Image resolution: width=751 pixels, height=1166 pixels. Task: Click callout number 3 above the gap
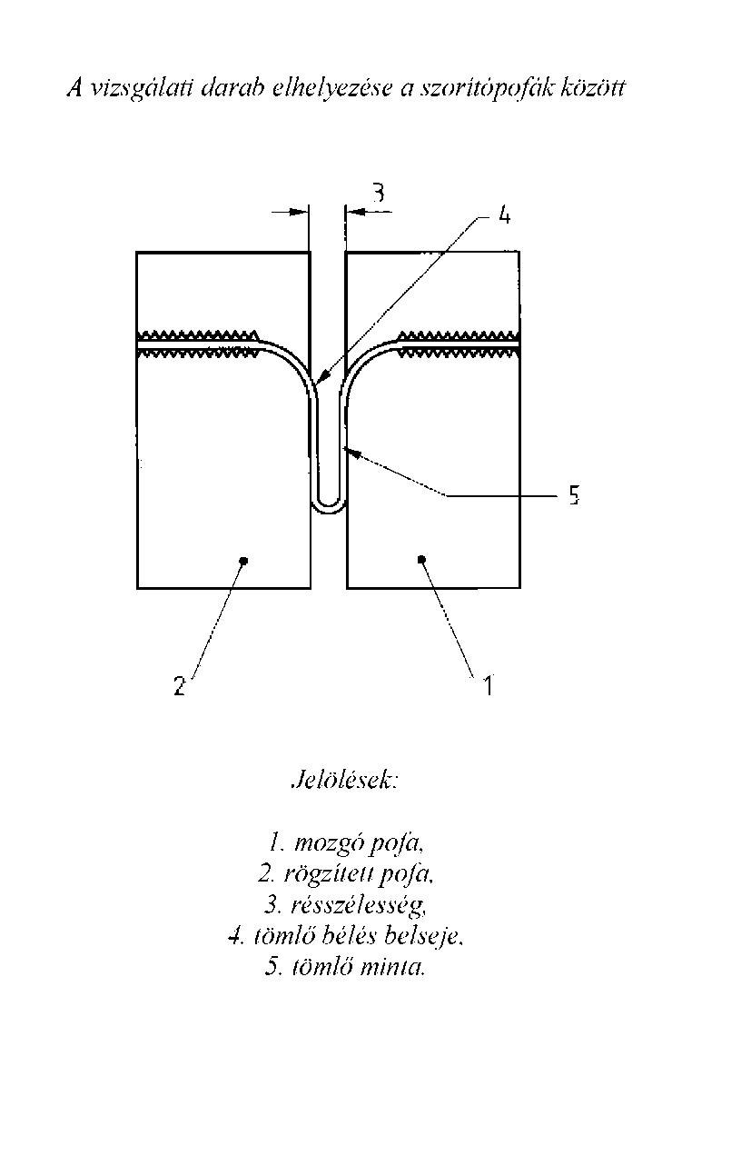pos(379,193)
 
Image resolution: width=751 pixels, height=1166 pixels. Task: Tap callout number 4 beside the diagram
pos(504,214)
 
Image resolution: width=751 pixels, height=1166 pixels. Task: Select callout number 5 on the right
pos(574,495)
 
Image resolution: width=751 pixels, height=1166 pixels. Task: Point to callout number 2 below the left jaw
pos(180,686)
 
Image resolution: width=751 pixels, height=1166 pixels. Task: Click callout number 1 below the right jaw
pos(488,685)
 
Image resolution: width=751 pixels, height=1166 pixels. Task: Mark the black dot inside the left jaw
pos(245,561)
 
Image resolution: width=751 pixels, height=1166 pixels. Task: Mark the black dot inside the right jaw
pos(421,559)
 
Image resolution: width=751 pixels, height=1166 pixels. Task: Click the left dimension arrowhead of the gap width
pos(299,212)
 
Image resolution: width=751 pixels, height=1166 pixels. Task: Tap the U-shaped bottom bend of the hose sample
pos(329,509)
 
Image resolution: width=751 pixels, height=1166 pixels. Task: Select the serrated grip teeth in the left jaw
pos(198,343)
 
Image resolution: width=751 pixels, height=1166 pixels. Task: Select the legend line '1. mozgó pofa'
pos(346,843)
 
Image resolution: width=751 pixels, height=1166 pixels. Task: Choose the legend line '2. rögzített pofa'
pos(346,874)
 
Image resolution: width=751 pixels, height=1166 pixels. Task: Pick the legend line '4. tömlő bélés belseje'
pos(346,936)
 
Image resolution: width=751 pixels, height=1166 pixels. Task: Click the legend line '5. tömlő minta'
pos(346,967)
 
